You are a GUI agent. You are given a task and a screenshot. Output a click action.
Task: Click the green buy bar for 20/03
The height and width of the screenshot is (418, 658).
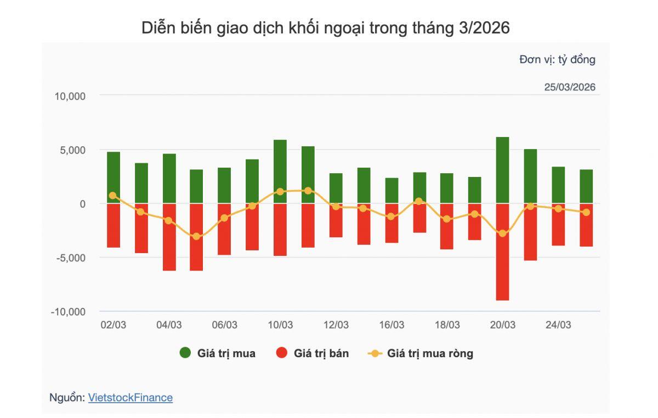pyautogui.click(x=502, y=170)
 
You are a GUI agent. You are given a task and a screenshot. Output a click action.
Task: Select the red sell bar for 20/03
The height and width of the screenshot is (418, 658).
pyautogui.click(x=502, y=252)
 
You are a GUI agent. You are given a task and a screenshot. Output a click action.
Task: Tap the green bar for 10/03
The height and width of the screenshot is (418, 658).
pyautogui.click(x=280, y=171)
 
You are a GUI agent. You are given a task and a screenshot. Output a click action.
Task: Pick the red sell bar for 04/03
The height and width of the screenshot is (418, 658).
pyautogui.click(x=169, y=237)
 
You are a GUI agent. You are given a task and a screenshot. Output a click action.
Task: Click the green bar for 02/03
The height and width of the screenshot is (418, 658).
pyautogui.click(x=114, y=177)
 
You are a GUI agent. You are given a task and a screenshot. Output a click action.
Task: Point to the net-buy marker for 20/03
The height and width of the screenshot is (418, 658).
pyautogui.click(x=502, y=233)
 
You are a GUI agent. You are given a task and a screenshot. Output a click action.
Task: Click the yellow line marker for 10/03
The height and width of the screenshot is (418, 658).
pyautogui.click(x=280, y=192)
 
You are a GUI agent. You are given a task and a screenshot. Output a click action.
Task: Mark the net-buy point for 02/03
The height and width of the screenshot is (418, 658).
pyautogui.click(x=113, y=196)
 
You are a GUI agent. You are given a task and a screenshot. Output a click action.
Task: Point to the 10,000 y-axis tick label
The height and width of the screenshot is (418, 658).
pyautogui.click(x=70, y=96)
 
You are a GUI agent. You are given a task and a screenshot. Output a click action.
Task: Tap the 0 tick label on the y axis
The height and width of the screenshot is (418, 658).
pyautogui.click(x=83, y=204)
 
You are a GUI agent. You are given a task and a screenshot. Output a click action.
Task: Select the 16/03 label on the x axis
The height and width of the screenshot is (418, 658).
pyautogui.click(x=392, y=325)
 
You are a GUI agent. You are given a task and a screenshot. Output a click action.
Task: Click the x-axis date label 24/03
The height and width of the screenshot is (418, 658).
pyautogui.click(x=558, y=325)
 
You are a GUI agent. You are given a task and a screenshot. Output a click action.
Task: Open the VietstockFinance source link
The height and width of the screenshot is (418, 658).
pyautogui.click(x=131, y=398)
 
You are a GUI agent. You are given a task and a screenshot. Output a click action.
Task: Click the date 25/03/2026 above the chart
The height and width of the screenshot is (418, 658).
pyautogui.click(x=570, y=87)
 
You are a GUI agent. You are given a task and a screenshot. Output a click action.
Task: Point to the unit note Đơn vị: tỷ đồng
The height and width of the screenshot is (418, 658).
pyautogui.click(x=557, y=60)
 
